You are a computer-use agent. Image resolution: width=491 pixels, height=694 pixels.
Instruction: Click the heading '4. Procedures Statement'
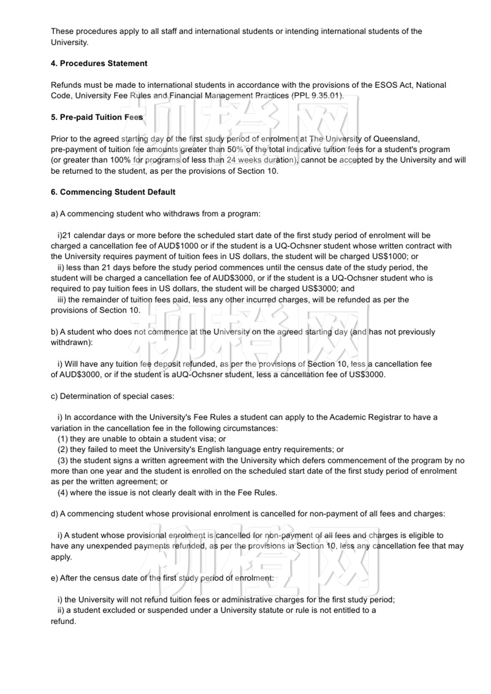pos(99,64)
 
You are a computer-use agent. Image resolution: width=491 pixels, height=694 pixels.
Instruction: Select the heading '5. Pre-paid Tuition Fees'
pos(97,117)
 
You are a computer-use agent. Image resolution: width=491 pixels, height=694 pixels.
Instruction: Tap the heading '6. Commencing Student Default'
pos(113,192)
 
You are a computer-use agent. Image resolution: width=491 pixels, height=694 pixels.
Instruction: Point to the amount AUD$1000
pos(178,246)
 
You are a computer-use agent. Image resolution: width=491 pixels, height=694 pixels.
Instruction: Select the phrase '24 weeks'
pos(242,160)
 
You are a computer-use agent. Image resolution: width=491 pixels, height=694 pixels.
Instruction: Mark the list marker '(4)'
pos(63,493)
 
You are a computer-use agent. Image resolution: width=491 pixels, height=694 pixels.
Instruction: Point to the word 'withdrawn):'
pos(72,342)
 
